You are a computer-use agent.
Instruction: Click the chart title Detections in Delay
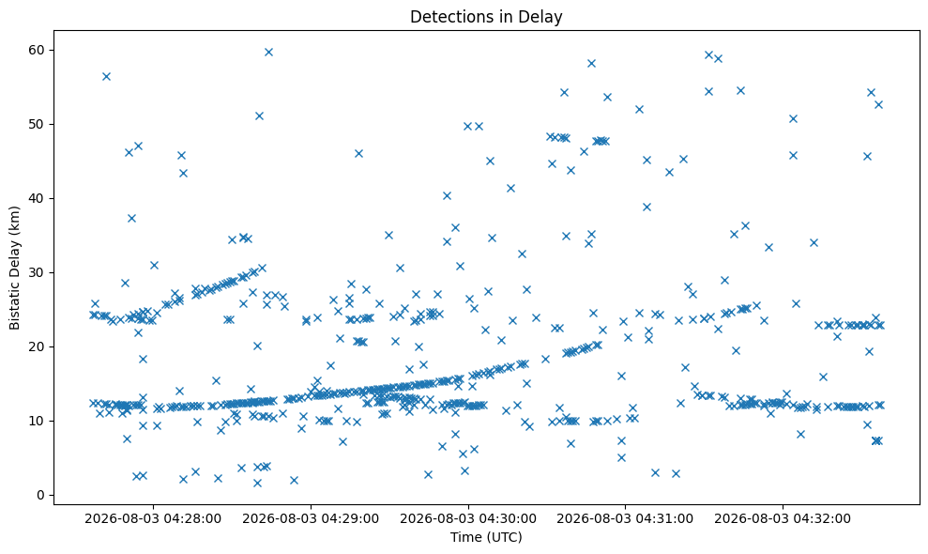(x=486, y=17)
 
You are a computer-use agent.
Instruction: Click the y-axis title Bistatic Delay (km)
(x=14, y=268)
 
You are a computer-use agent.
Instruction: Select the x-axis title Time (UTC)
(x=486, y=537)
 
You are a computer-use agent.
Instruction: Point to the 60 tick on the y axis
(x=37, y=50)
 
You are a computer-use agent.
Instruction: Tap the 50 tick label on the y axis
(x=37, y=125)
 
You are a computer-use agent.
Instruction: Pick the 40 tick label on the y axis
(x=37, y=198)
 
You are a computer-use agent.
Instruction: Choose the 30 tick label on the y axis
(x=37, y=272)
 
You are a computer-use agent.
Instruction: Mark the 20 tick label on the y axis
(x=37, y=346)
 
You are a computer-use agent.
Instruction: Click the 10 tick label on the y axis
(x=37, y=421)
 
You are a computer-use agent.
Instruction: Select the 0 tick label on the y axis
(x=41, y=496)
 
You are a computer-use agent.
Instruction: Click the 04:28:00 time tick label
(x=153, y=519)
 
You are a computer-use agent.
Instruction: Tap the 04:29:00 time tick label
(x=311, y=519)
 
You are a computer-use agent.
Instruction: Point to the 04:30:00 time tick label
(x=468, y=519)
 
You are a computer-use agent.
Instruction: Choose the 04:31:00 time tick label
(x=625, y=519)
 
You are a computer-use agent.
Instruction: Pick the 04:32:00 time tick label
(x=783, y=519)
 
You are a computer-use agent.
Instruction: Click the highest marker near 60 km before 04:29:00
(x=268, y=53)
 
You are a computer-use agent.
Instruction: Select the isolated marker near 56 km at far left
(x=107, y=76)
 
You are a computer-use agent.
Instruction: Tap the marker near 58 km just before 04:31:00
(x=591, y=64)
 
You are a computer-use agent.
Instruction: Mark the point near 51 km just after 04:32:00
(x=794, y=118)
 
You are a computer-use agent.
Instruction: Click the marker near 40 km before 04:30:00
(x=448, y=196)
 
